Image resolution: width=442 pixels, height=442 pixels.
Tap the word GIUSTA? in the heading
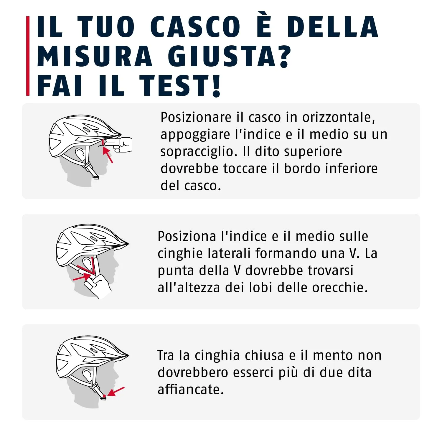pyautogui.click(x=230, y=56)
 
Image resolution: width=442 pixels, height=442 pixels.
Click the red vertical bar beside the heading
pyautogui.click(x=28, y=56)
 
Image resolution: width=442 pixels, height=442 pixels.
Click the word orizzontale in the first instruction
pyautogui.click(x=339, y=117)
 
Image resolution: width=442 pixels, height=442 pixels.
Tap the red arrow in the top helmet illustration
pyautogui.click(x=108, y=155)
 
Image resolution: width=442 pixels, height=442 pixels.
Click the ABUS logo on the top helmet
pyautogui.click(x=86, y=130)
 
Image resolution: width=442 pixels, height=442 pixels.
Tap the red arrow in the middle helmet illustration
pyautogui.click(x=82, y=277)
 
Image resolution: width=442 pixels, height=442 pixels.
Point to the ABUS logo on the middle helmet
pyautogui.click(x=93, y=238)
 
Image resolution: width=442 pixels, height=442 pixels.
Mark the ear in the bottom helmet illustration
pyautogui.click(x=87, y=374)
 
